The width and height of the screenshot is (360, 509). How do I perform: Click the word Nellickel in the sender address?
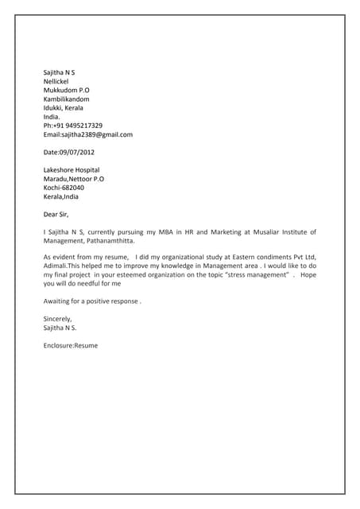click(x=56, y=81)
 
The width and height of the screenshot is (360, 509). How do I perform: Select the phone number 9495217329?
click(x=81, y=126)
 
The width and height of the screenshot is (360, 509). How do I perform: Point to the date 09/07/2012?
click(x=77, y=152)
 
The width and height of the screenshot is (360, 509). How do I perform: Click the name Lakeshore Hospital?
click(x=72, y=170)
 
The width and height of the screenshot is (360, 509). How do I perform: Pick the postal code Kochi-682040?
click(x=63, y=188)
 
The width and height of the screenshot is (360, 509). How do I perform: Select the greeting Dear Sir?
click(x=56, y=214)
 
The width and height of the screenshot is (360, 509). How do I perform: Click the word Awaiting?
click(x=58, y=301)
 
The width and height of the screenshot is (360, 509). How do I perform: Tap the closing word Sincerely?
click(x=58, y=319)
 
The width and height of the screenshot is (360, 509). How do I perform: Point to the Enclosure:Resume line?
click(x=71, y=345)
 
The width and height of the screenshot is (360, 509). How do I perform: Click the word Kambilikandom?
click(x=66, y=99)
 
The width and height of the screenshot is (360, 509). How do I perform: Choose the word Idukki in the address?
click(x=52, y=107)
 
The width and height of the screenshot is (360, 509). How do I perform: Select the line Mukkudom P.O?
click(x=66, y=90)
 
